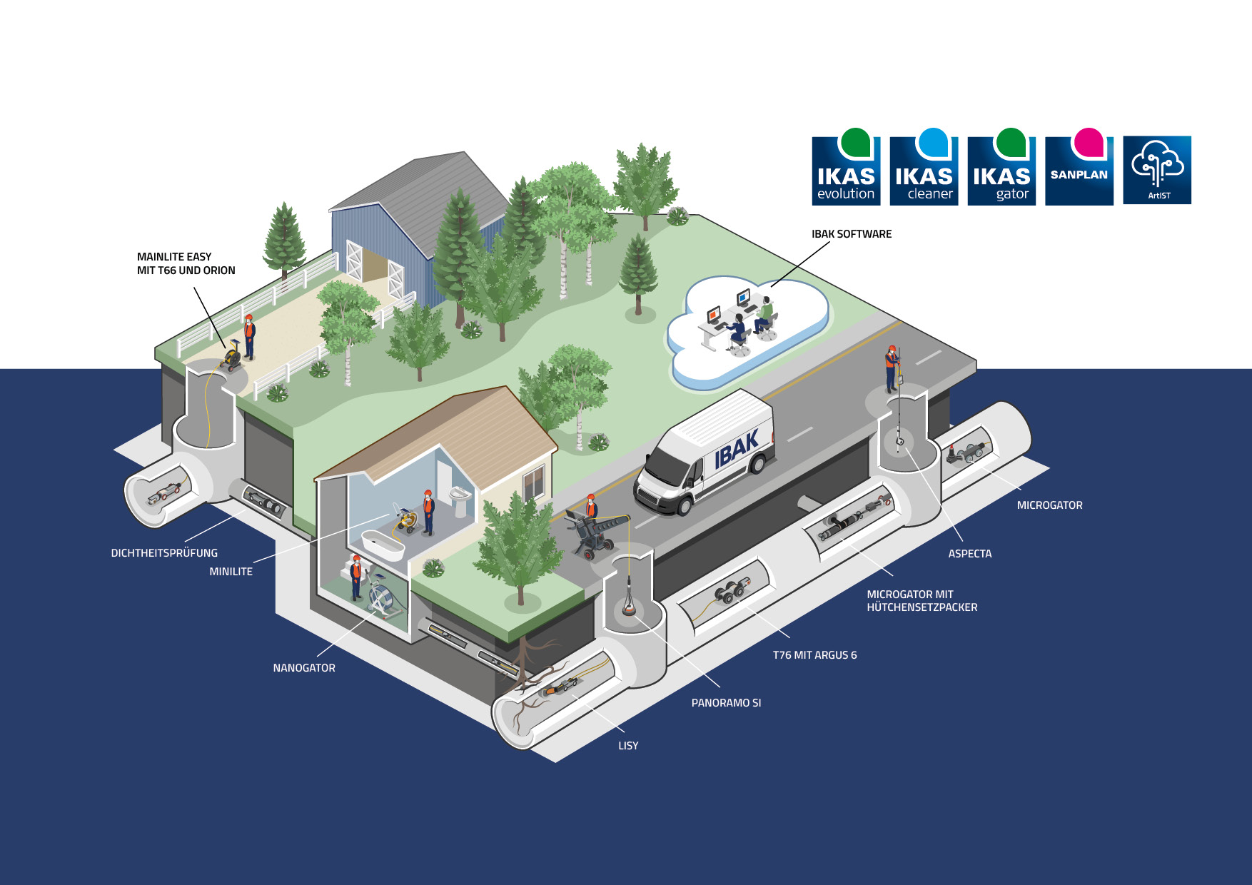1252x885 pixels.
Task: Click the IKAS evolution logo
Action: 846,171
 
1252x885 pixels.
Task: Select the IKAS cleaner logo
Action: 924,171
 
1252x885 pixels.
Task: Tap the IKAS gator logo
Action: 1001,171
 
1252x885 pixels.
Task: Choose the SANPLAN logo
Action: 1079,171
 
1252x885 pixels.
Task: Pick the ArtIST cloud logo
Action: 1157,170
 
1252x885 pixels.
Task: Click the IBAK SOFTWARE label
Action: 852,234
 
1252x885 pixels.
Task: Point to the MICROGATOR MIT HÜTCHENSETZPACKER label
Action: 922,601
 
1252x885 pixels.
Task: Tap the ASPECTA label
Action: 969,554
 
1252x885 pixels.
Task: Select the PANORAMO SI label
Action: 726,703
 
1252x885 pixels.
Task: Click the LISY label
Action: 628,746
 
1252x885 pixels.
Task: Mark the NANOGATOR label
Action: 304,668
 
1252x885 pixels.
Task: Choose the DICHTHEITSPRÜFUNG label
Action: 164,553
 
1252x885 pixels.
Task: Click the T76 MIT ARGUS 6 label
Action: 814,655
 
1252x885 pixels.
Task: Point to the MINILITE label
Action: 231,572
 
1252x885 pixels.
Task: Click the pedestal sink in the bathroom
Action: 461,499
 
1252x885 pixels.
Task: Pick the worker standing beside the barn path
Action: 249,336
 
